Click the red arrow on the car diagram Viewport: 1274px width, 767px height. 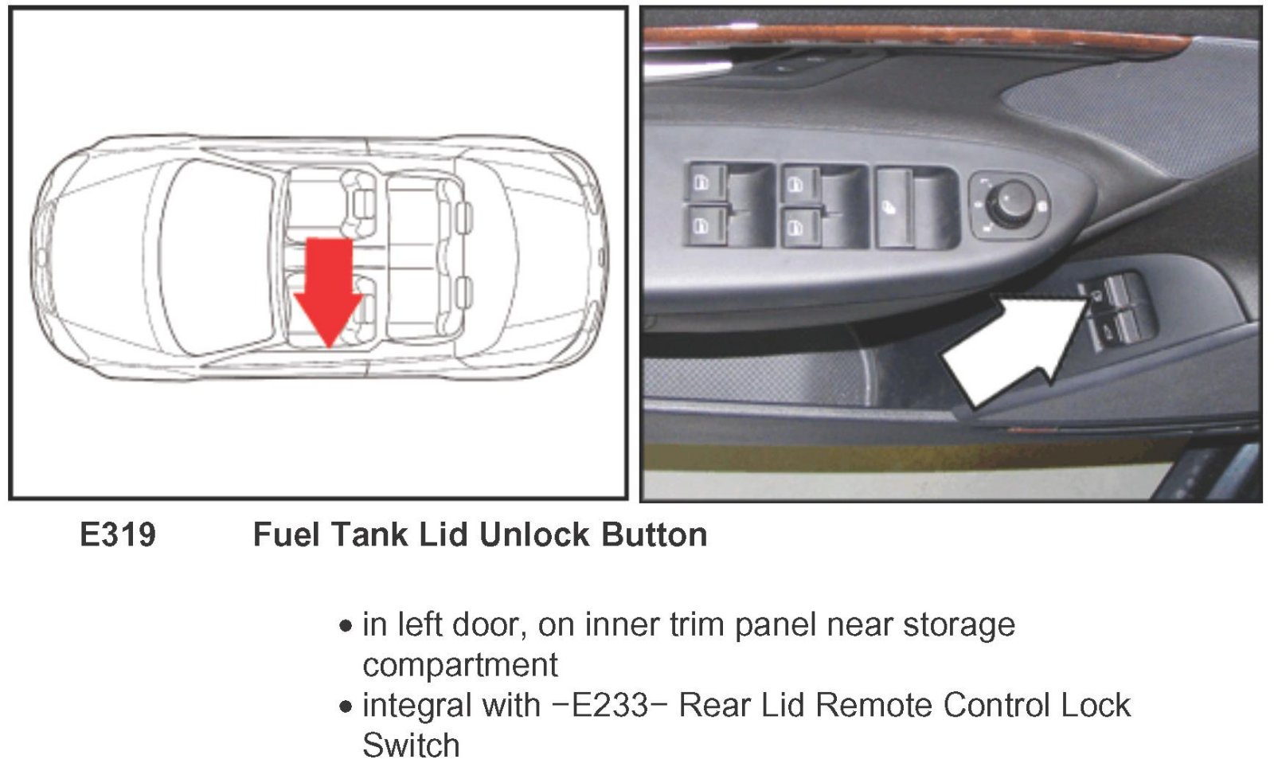[x=328, y=290]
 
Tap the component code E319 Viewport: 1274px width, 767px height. [x=118, y=534]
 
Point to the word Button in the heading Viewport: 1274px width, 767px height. [x=654, y=534]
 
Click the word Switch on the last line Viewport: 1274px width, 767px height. [x=411, y=745]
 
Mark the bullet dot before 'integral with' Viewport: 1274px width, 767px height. [x=346, y=706]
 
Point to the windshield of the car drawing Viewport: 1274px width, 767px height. [x=218, y=257]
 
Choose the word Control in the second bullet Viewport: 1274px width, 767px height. [x=996, y=705]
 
